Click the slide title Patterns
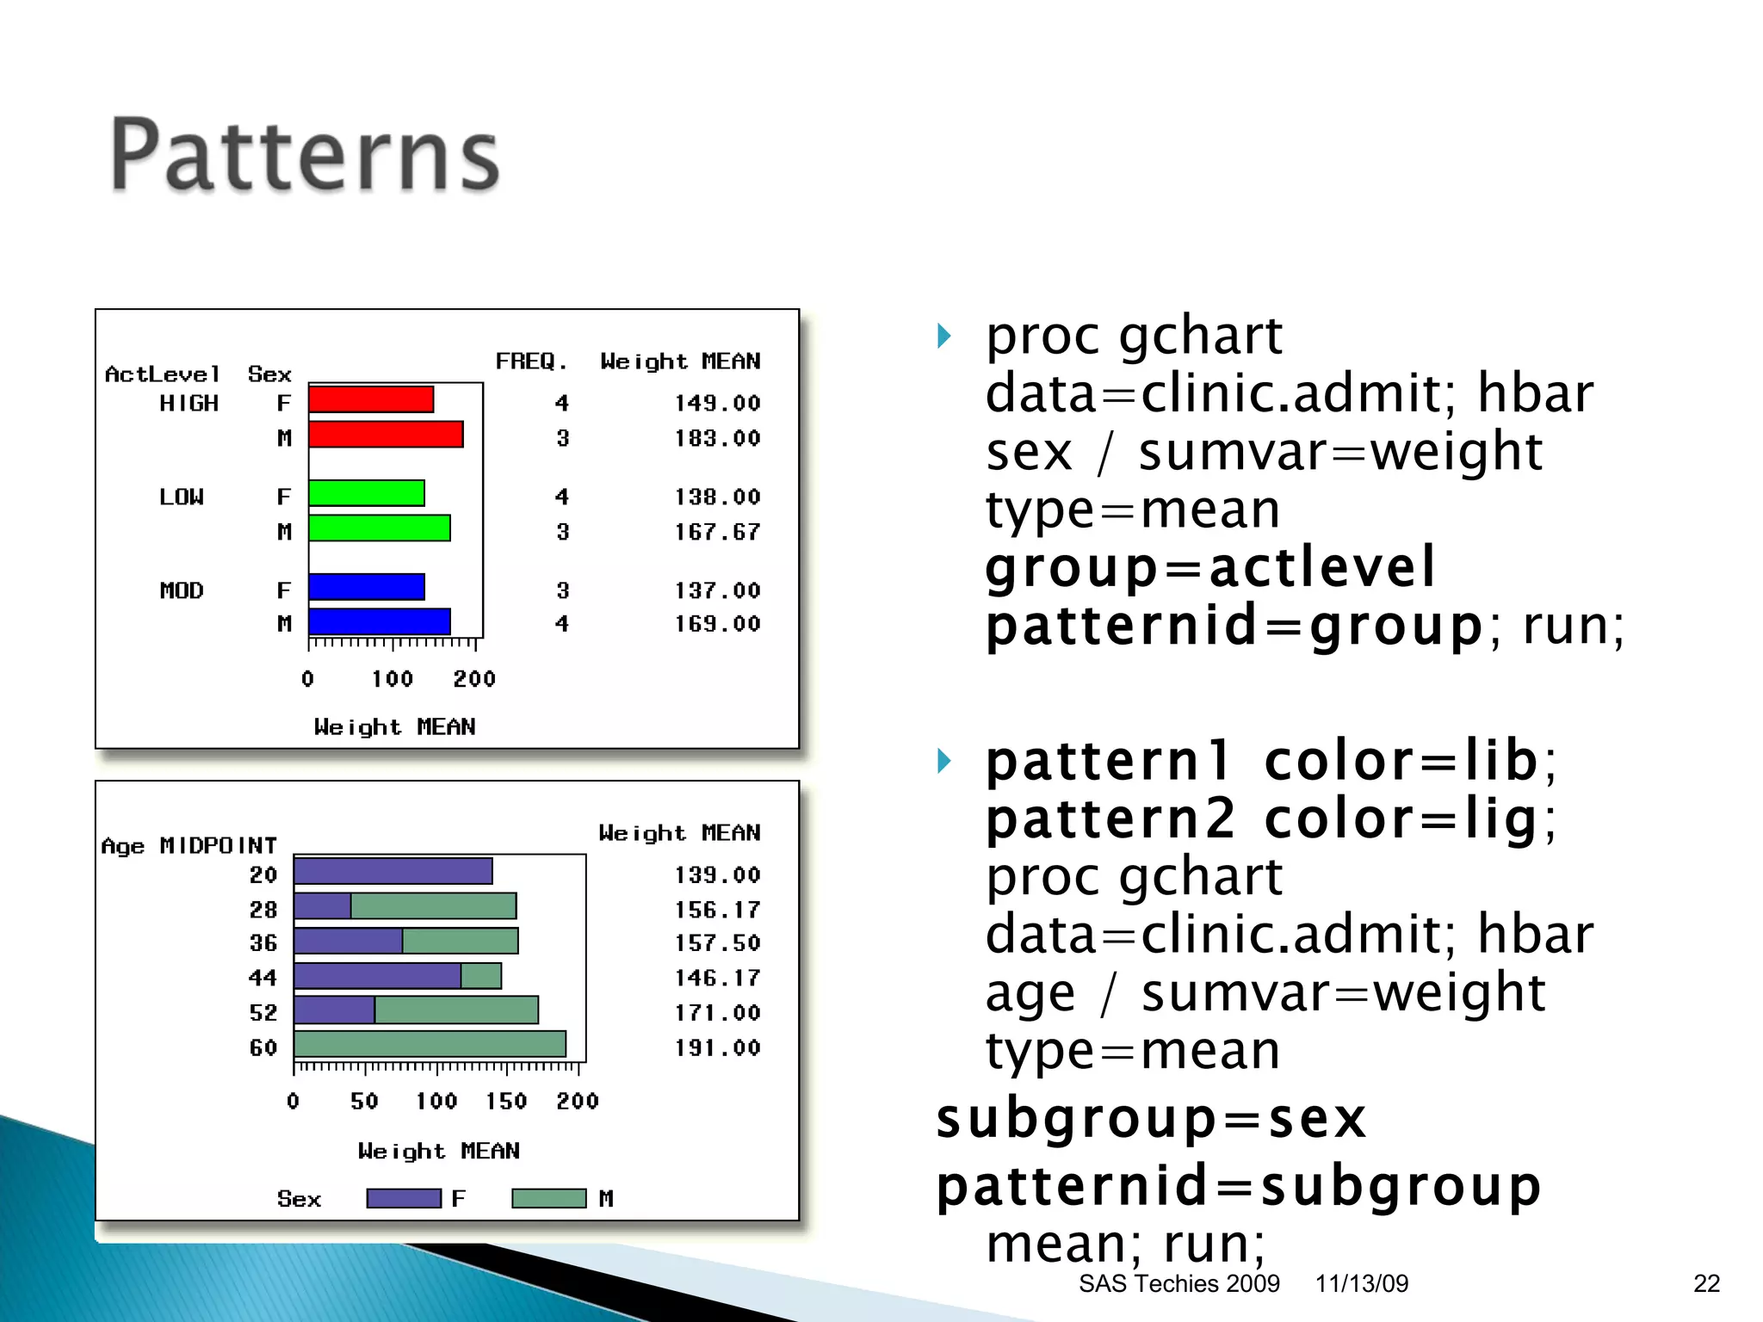point(305,156)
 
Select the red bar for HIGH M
point(386,435)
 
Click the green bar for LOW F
point(367,493)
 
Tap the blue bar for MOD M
point(379,621)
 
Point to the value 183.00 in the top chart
point(717,438)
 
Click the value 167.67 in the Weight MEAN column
point(717,532)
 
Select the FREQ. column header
point(531,361)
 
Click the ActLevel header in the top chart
point(162,374)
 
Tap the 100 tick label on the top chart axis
point(392,679)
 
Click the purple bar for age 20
point(393,871)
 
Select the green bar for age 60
point(430,1044)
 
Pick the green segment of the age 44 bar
point(481,976)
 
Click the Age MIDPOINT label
point(189,846)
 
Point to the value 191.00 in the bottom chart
point(717,1047)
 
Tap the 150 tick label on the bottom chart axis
point(506,1101)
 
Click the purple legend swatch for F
point(404,1198)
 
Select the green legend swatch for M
point(548,1198)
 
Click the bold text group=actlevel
point(1210,568)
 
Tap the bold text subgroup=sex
point(1151,1119)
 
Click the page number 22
point(1706,1283)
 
